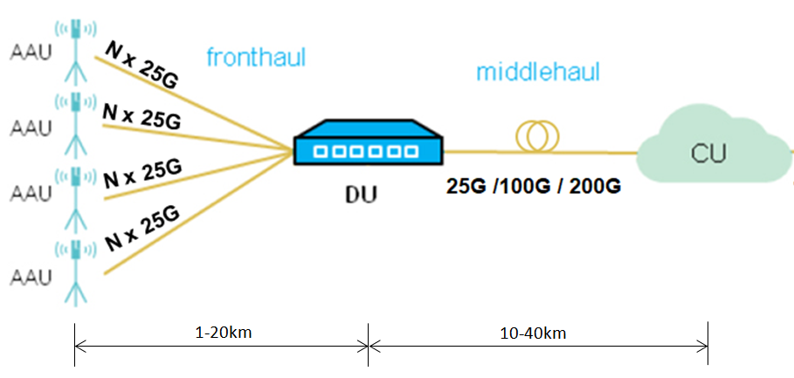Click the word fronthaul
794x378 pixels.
click(x=256, y=58)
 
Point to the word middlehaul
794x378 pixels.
click(x=538, y=72)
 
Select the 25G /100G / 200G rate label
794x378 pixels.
click(x=533, y=186)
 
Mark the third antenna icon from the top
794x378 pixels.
click(x=76, y=195)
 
